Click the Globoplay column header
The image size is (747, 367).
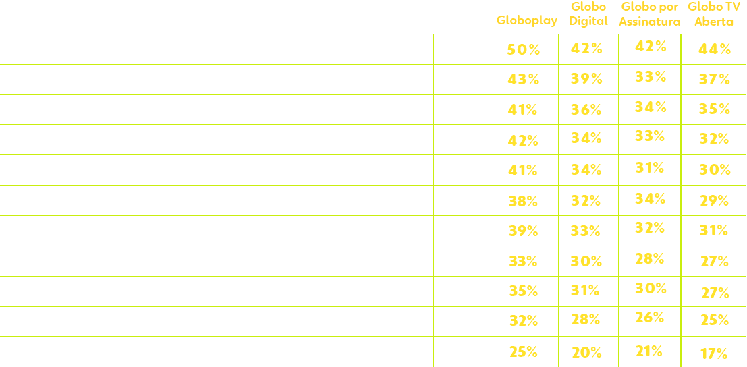[526, 20]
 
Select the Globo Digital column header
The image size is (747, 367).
[588, 13]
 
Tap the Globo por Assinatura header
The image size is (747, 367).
[650, 13]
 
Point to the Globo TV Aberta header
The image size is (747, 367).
[714, 13]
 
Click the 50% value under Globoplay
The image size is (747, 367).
[524, 49]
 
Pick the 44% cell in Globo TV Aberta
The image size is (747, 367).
[715, 49]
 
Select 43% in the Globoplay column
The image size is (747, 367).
[524, 79]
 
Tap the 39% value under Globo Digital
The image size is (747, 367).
[586, 78]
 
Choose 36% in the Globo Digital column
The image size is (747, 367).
[586, 109]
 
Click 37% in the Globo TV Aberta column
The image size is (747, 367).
[715, 79]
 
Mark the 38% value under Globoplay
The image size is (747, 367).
[524, 200]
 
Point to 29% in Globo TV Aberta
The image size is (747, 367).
[715, 200]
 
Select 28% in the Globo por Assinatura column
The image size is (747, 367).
[650, 258]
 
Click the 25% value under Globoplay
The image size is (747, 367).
[524, 351]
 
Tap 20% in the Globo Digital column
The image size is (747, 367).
[586, 351]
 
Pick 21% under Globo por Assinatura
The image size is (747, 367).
[648, 351]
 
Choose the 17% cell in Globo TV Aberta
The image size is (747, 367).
[714, 353]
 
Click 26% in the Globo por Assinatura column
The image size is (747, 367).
[650, 317]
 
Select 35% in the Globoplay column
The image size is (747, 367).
[524, 291]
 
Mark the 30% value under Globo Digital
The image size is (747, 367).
[586, 260]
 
